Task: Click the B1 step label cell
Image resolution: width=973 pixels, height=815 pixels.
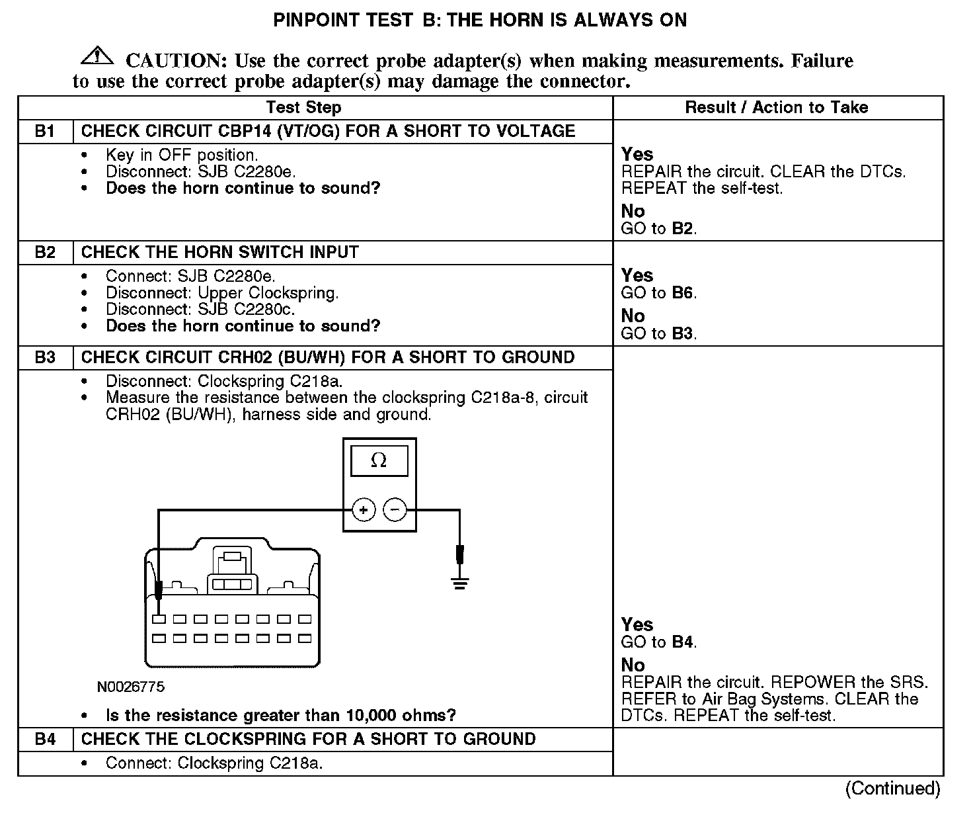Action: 45,131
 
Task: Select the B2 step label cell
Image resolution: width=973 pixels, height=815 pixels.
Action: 45,252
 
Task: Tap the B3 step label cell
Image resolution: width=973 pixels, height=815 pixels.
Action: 45,357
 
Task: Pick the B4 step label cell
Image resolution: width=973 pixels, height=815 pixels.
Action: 45,739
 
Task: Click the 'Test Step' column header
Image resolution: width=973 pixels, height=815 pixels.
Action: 303,107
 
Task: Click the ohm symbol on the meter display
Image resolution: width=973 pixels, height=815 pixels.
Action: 379,460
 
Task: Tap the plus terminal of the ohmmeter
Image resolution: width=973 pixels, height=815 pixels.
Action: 363,509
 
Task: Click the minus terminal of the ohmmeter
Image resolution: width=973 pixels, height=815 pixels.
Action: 395,509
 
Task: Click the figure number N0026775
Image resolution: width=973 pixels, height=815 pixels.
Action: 131,687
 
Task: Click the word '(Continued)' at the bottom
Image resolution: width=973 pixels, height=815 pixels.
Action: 892,789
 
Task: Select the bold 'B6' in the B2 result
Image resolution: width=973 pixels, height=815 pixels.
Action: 683,293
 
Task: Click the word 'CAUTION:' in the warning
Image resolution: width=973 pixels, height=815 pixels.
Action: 176,61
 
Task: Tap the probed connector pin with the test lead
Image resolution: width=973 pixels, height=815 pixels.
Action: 159,619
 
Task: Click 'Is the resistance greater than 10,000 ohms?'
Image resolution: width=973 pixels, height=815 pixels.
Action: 281,715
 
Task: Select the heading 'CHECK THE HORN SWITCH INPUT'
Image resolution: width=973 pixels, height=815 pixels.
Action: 220,252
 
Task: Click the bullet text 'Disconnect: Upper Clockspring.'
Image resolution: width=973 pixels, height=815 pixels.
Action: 222,292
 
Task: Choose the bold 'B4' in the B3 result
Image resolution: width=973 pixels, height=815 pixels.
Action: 683,642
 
